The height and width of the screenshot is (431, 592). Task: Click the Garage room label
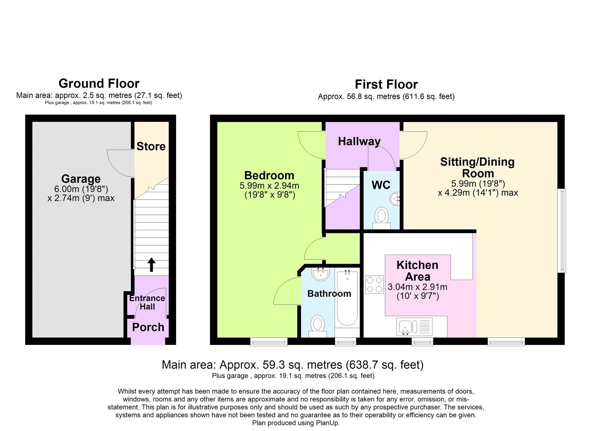(x=81, y=179)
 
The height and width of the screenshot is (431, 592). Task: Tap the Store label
(x=151, y=146)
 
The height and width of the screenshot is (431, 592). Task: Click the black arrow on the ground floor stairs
(x=151, y=265)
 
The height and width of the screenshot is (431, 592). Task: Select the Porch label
(x=148, y=327)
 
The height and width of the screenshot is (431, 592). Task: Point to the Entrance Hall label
(x=147, y=302)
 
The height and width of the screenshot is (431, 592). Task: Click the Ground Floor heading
(x=99, y=83)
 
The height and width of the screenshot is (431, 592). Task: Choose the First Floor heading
(x=386, y=84)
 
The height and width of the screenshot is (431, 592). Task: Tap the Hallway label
(x=359, y=142)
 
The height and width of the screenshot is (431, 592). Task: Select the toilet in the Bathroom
(x=317, y=326)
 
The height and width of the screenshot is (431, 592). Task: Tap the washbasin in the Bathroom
(x=320, y=274)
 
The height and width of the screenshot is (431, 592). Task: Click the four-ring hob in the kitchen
(x=374, y=285)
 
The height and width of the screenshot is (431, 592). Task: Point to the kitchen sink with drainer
(x=414, y=327)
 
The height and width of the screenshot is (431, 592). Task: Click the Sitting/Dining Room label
(x=478, y=168)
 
